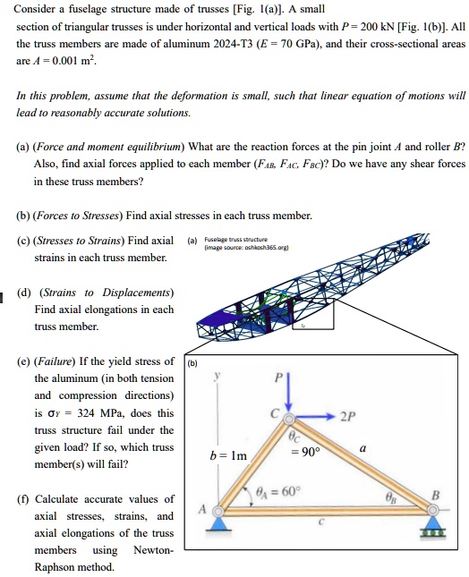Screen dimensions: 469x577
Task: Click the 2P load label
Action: click(x=347, y=416)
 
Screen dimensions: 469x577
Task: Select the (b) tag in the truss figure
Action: click(x=193, y=362)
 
